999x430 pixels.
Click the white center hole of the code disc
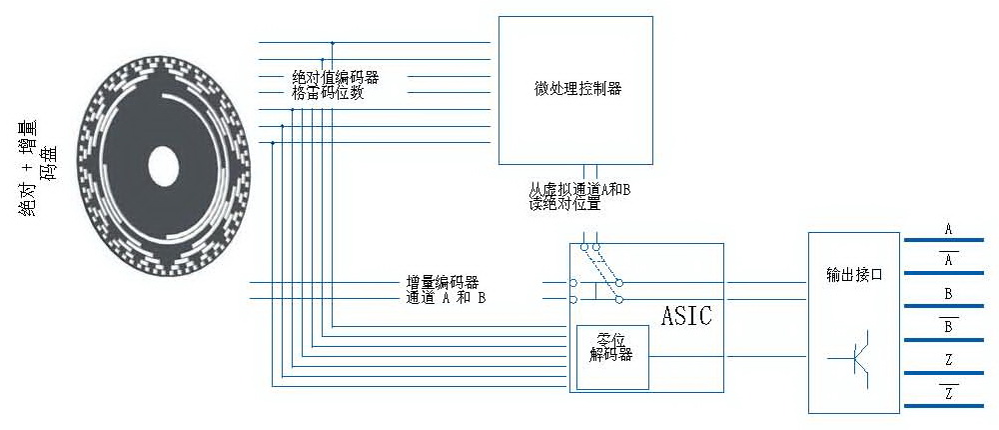tap(163, 167)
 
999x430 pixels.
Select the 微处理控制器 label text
tap(577, 89)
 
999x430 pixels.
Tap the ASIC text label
tap(686, 316)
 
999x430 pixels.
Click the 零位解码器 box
tap(612, 357)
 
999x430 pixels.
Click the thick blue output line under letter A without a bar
tap(944, 240)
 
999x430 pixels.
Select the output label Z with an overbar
tap(949, 392)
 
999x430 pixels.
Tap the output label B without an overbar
tap(949, 295)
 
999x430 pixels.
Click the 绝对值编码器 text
tap(335, 78)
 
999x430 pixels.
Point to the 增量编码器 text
tap(443, 282)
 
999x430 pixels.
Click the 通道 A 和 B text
tap(446, 297)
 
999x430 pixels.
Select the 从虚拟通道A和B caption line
tap(579, 190)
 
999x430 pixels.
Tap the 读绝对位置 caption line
tap(565, 204)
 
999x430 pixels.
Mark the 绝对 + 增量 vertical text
tap(28, 168)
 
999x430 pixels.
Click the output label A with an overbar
tap(949, 260)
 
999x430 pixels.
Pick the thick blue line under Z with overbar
tap(944, 406)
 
